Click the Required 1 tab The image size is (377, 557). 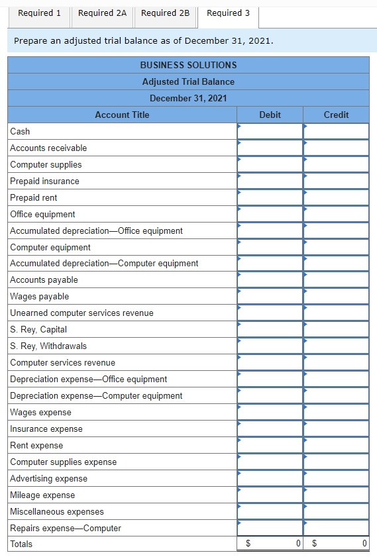39,13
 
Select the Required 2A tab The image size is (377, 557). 102,13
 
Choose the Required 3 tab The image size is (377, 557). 228,13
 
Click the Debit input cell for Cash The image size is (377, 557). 270,131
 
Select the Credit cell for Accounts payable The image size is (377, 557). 336,280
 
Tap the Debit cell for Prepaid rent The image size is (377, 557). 270,197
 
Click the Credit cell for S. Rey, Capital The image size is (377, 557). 336,329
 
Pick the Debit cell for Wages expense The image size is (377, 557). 270,412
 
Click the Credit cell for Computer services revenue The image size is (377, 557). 336,362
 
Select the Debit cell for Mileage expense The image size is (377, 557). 270,495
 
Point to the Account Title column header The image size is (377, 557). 122,115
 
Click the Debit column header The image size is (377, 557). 270,115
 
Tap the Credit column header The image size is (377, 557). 336,115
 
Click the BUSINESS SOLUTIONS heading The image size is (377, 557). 188,65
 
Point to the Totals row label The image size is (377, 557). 21,544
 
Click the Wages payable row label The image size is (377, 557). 39,296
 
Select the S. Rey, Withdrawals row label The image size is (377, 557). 48,346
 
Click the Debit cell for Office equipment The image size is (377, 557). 270,214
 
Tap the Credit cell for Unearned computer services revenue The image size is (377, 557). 336,313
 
